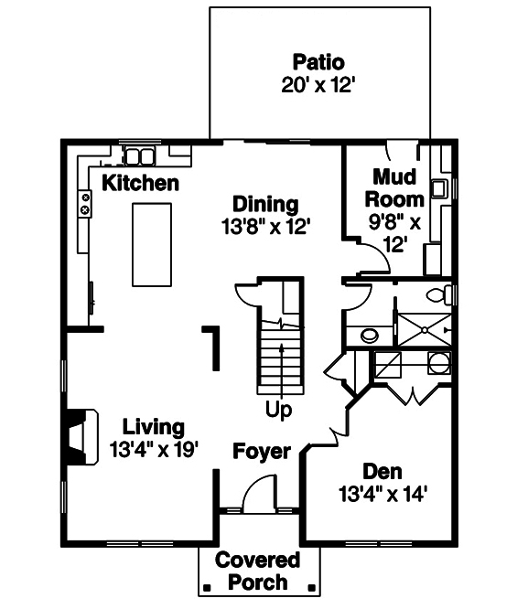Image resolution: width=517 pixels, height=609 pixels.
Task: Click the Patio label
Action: pos(318,63)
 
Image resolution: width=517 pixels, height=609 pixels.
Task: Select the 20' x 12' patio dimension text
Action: pos(318,86)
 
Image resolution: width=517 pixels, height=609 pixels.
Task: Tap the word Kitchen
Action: pos(140,183)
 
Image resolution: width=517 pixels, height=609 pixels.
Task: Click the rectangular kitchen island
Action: pos(152,245)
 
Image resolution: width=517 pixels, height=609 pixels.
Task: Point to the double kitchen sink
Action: pos(140,155)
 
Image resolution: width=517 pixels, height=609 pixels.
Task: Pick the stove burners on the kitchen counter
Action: pos(85,203)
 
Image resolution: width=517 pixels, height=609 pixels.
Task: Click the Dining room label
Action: pos(264,204)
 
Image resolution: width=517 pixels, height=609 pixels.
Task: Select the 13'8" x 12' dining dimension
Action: pos(264,226)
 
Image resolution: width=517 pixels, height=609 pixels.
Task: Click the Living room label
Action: pos(154,427)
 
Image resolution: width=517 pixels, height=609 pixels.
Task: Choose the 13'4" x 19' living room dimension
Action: pos(154,449)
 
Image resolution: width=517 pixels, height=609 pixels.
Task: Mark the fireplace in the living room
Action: pos(81,437)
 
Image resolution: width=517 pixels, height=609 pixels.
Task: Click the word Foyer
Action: pos(261,452)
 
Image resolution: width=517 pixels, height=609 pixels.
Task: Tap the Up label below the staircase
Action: pos(278,411)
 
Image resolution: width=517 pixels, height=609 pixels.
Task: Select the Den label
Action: pos(382,472)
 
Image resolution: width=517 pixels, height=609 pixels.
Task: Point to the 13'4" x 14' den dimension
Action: pos(382,495)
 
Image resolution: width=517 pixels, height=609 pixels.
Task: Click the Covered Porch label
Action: pos(257,571)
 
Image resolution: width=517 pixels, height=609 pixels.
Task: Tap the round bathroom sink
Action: pos(370,335)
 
